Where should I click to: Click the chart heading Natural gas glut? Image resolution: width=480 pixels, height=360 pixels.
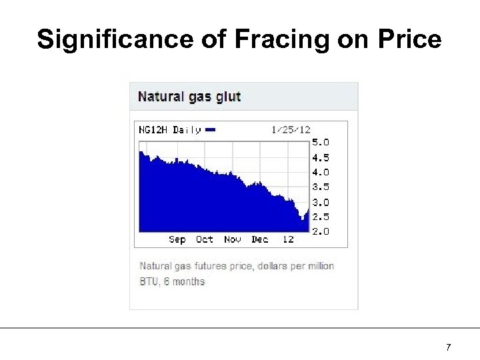(x=189, y=97)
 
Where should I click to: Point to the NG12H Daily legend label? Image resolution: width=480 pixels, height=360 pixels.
(x=169, y=130)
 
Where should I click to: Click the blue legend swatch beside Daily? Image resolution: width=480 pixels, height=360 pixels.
(x=211, y=130)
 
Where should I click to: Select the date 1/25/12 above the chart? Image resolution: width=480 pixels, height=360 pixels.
(x=291, y=130)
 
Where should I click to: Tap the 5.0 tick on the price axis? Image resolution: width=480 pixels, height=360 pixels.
(x=321, y=142)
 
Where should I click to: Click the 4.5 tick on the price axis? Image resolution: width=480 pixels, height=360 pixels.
(x=321, y=158)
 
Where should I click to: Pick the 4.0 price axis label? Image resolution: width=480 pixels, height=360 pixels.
(x=321, y=172)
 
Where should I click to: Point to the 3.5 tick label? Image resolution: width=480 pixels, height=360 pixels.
(x=321, y=187)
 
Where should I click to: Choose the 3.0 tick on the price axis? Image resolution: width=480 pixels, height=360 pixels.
(x=321, y=202)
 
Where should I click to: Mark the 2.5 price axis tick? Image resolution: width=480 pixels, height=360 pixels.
(x=321, y=217)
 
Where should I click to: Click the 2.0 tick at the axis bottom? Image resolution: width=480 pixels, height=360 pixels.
(x=321, y=231)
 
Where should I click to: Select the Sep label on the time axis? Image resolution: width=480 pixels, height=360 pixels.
(x=177, y=239)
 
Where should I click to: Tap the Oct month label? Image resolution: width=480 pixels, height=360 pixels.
(x=205, y=239)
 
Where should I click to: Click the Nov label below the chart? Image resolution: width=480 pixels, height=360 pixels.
(x=233, y=239)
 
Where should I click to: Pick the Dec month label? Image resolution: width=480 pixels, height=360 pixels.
(x=260, y=239)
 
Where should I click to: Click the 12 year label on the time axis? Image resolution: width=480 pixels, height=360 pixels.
(x=288, y=239)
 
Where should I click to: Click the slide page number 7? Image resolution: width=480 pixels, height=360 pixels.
(x=449, y=347)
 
